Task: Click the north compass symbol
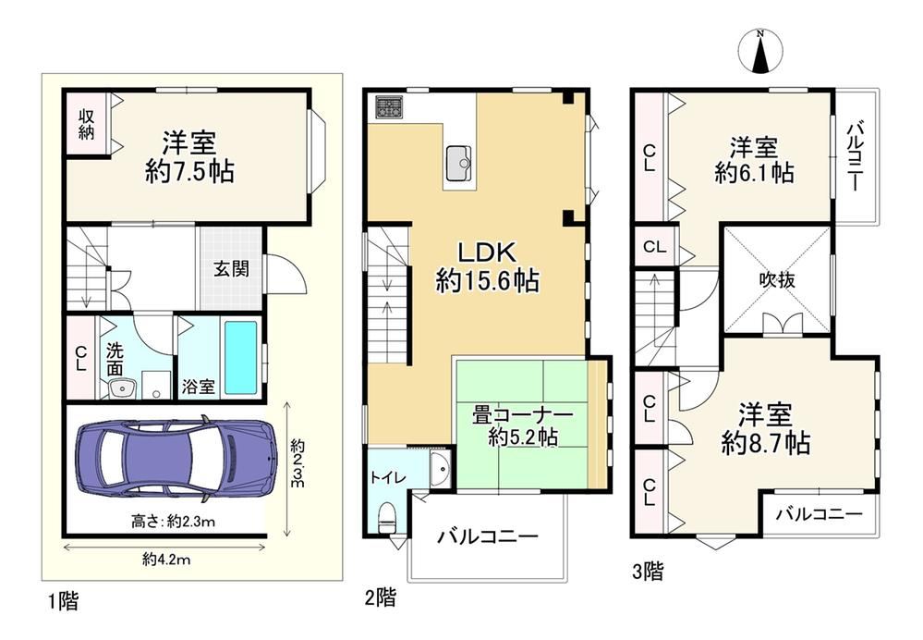point(760,52)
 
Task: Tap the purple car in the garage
point(176,459)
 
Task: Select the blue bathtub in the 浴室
point(241,358)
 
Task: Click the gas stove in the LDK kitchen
point(389,107)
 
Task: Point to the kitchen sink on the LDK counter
point(459,164)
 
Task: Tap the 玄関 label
point(231,269)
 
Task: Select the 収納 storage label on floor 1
point(86,123)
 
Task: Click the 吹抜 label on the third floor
point(777,278)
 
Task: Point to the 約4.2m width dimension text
point(166,560)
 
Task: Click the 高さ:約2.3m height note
point(173,522)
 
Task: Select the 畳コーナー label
point(523,415)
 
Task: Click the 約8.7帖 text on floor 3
point(766,443)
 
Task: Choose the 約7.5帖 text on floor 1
point(189,171)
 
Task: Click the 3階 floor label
point(648,571)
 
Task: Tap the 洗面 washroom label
point(115,359)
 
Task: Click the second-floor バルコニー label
point(488,536)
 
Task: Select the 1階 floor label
point(63,601)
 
